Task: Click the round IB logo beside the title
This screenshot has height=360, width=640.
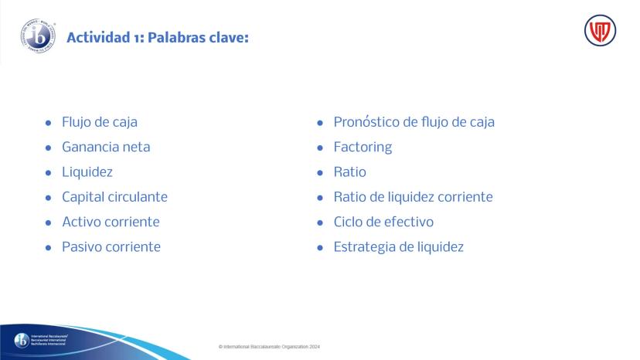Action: pos(38,36)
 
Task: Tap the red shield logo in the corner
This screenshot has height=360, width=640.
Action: pos(600,31)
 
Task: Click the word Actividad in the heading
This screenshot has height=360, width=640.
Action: pos(98,38)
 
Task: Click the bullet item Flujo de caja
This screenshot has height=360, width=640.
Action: pos(100,122)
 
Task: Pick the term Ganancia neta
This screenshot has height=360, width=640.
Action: pos(106,147)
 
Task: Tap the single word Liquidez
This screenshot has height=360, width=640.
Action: pos(87,172)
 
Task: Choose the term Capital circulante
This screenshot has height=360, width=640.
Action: pos(114,197)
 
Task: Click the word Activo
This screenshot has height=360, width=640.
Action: pos(83,222)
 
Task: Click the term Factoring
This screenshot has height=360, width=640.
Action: pos(363,148)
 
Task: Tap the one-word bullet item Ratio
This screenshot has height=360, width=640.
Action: pos(350,172)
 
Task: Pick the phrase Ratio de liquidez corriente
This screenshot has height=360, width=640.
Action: pos(413,197)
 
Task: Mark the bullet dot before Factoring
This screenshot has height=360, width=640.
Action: pos(320,148)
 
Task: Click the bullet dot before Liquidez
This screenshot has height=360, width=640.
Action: pos(48,172)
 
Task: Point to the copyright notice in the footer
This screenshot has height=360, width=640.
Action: pos(270,347)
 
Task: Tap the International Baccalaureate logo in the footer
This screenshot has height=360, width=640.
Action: pos(41,340)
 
